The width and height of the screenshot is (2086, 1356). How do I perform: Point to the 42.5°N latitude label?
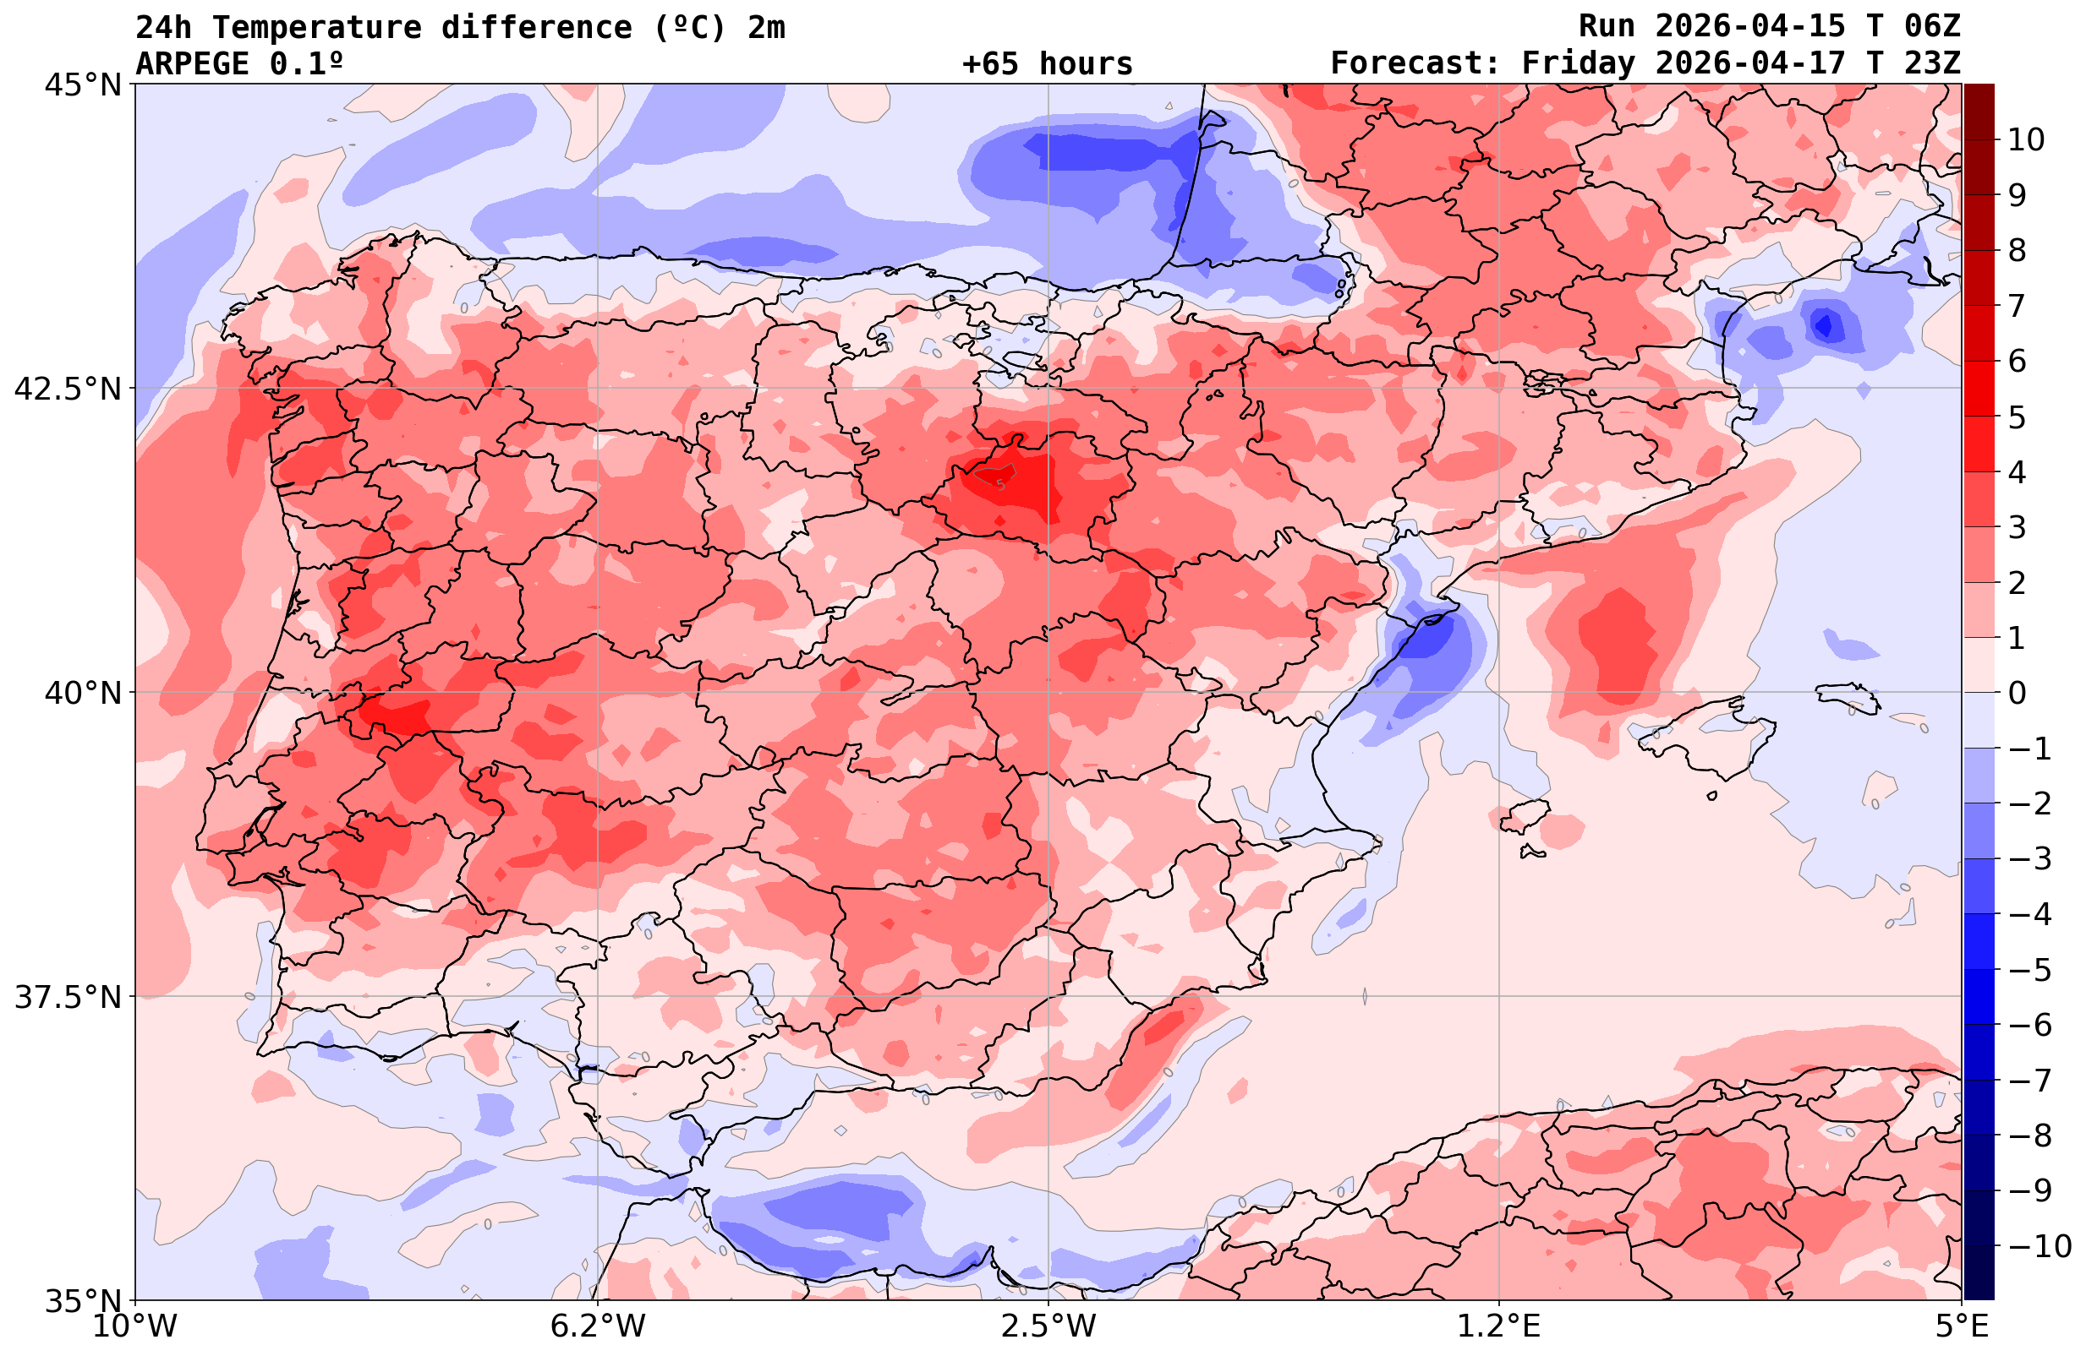click(68, 389)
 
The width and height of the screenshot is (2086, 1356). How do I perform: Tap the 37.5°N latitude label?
click(68, 997)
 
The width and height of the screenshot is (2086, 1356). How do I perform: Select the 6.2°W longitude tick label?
click(598, 1326)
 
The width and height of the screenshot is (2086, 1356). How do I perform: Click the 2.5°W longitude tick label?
click(1049, 1326)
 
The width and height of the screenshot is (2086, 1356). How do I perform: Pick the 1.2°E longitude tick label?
click(1499, 1326)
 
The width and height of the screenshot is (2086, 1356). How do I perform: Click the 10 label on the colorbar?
click(2027, 140)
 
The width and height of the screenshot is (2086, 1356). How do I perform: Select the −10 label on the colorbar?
click(2039, 1245)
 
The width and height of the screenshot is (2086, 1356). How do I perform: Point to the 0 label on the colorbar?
click(2017, 693)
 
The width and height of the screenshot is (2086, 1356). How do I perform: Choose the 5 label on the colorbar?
click(2017, 417)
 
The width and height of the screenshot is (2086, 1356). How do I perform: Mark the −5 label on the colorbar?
click(2029, 970)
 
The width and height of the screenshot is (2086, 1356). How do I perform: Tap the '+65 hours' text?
click(1048, 64)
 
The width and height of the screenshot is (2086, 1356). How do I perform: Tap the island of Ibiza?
click(1525, 814)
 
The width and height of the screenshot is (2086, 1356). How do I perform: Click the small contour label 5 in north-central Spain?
click(1001, 484)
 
